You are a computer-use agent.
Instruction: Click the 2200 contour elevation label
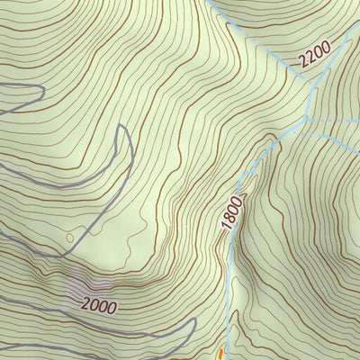(x=315, y=57)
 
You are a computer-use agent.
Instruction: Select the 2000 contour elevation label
(x=98, y=305)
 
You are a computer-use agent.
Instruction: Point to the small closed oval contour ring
(x=70, y=238)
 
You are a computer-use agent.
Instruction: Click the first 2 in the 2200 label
(x=304, y=66)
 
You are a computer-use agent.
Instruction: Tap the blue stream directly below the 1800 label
(x=231, y=261)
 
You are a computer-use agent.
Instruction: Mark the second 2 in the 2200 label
(x=311, y=59)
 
